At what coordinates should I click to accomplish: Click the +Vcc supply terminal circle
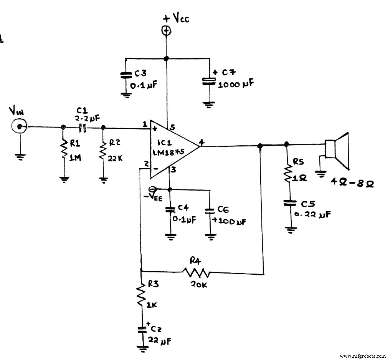[166, 31]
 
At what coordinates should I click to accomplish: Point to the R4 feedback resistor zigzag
[196, 273]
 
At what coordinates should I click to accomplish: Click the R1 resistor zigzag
[63, 151]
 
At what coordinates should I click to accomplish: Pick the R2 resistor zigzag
[103, 151]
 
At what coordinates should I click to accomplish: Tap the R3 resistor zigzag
[141, 294]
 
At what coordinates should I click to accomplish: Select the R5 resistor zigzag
[287, 174]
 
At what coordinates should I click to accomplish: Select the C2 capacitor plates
[142, 329]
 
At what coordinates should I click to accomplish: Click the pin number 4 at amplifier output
[202, 142]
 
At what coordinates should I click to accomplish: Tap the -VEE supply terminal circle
[152, 189]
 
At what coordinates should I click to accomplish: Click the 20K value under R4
[198, 285]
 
